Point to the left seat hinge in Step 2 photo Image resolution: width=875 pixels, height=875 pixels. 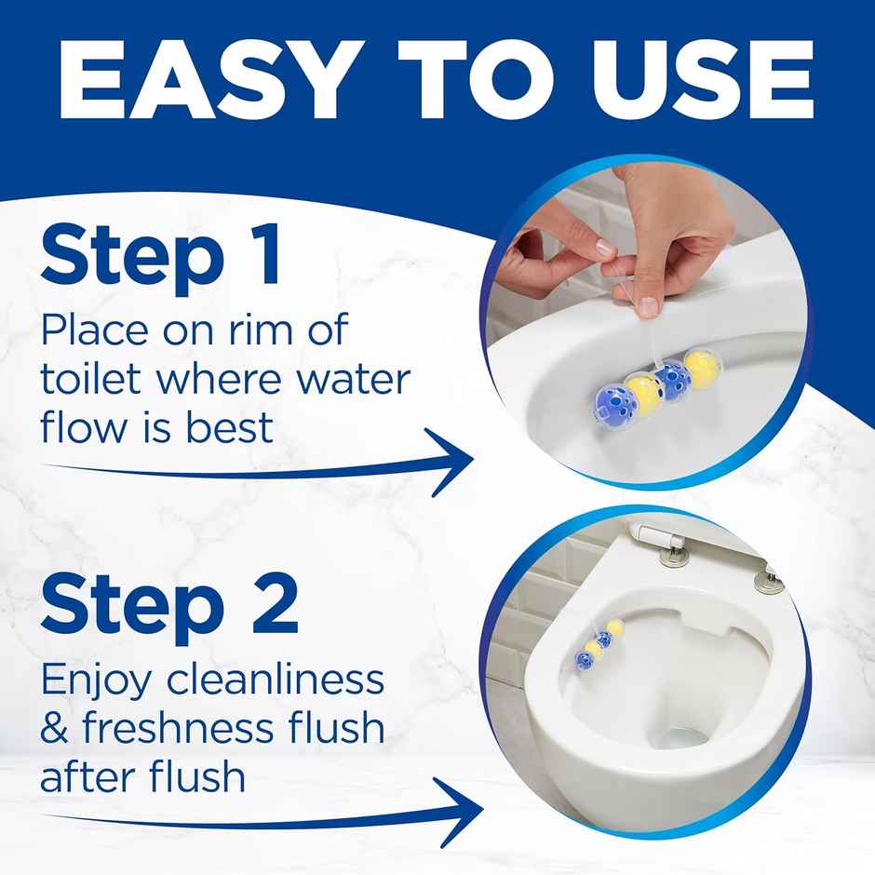(671, 557)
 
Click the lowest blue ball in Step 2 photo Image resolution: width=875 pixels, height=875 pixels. (586, 661)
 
